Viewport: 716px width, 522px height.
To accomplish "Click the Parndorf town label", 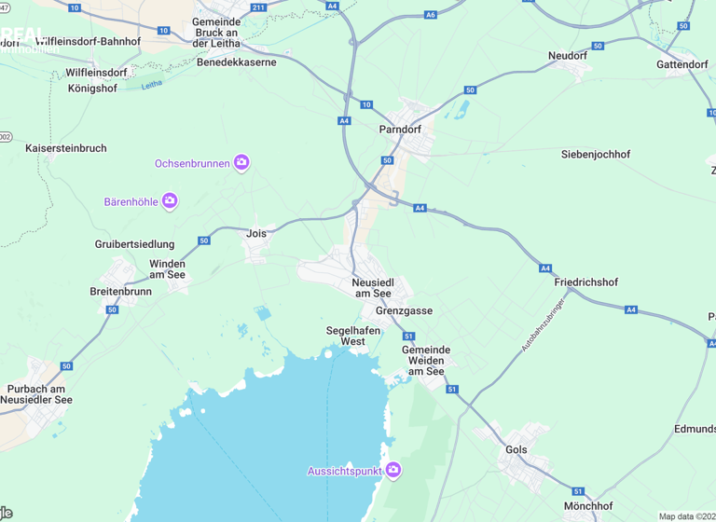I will point(402,130).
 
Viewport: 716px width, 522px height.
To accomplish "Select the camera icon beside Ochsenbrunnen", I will point(241,163).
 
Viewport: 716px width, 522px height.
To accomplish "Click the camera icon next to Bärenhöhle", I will point(170,200).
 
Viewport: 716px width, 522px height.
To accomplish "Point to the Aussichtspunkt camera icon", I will point(393,471).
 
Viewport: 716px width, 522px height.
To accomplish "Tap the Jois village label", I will point(256,234).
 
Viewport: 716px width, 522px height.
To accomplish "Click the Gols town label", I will point(516,449).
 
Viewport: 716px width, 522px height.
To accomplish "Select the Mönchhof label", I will point(588,506).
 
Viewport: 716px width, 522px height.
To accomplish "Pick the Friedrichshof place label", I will point(585,282).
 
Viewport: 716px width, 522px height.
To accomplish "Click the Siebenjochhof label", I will point(596,154).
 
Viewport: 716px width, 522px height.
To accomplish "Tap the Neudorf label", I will point(568,56).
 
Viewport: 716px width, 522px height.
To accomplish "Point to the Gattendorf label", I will point(682,64).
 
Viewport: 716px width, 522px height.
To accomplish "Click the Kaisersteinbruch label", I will point(66,148).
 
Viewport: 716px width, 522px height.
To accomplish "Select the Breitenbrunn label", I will point(120,291).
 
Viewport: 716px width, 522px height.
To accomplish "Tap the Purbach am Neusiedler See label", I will point(36,394).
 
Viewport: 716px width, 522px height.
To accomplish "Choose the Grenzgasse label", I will point(404,310).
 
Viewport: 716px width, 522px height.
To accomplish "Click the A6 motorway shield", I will point(430,15).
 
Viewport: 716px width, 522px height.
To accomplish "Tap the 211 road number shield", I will point(258,7).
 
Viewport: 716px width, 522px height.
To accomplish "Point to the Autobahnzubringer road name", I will point(544,326).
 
